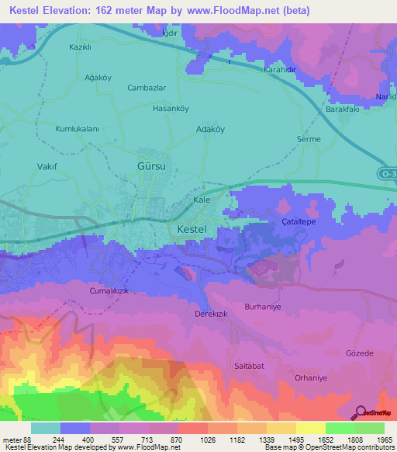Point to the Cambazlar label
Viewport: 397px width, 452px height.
coord(147,88)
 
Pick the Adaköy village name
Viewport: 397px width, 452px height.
coord(210,130)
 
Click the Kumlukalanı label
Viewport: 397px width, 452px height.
coord(78,129)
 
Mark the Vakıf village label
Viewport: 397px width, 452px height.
coord(48,166)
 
